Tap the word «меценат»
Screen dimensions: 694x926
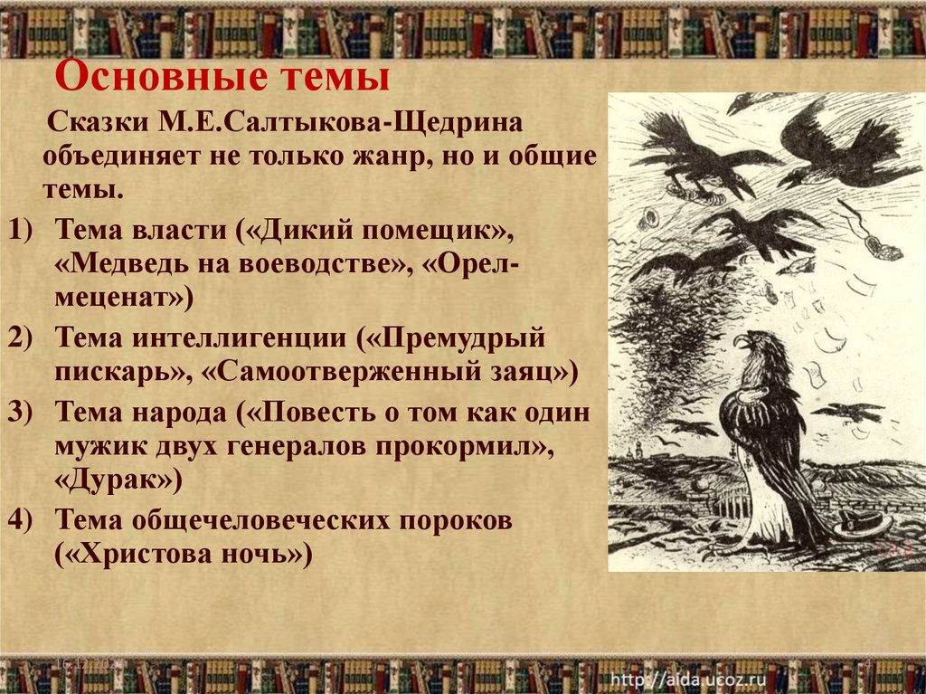tap(117, 296)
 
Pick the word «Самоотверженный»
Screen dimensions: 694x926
tap(361, 371)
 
